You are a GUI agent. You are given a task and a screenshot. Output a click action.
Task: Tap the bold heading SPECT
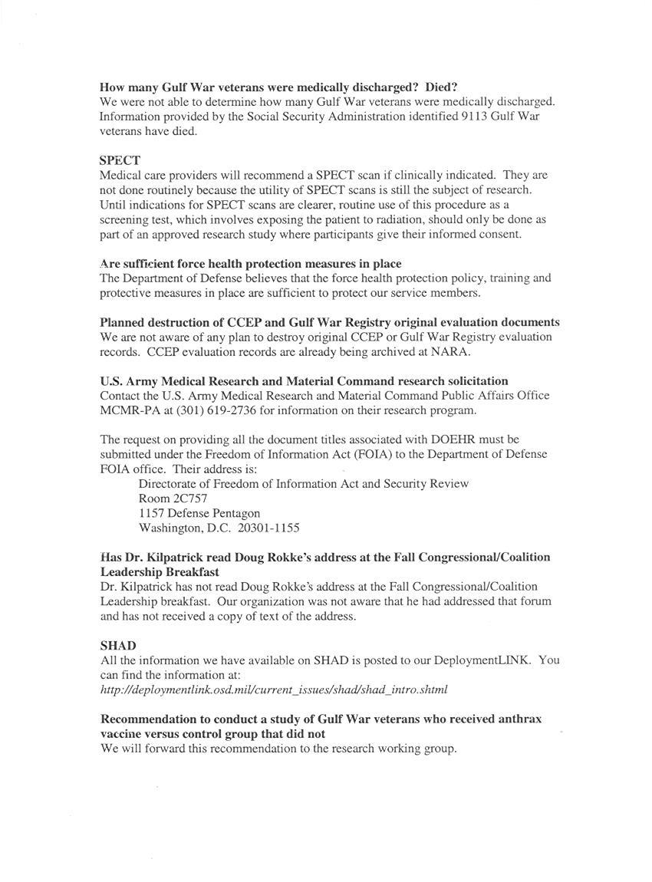click(120, 160)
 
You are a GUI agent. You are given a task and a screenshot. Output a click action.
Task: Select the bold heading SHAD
click(118, 646)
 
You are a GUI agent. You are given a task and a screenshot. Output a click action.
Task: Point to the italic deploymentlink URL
click(274, 689)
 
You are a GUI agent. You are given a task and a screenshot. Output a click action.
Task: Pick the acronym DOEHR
click(449, 439)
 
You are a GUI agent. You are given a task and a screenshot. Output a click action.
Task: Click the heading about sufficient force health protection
click(251, 264)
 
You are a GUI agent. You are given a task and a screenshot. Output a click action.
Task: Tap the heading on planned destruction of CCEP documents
click(330, 322)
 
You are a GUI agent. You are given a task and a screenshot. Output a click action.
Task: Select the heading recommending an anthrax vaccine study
click(321, 726)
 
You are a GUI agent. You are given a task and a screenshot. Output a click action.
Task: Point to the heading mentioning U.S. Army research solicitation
click(304, 380)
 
